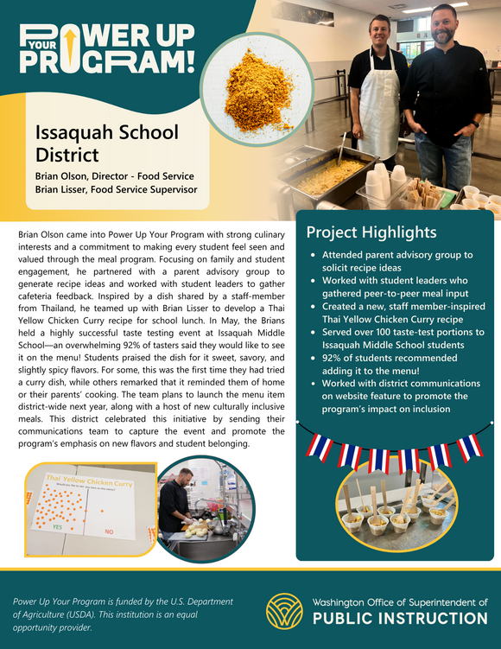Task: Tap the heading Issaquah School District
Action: [106, 143]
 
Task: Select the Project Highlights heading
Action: [371, 232]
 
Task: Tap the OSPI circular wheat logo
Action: [284, 610]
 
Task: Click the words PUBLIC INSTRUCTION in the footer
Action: [400, 618]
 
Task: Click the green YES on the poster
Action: [57, 525]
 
